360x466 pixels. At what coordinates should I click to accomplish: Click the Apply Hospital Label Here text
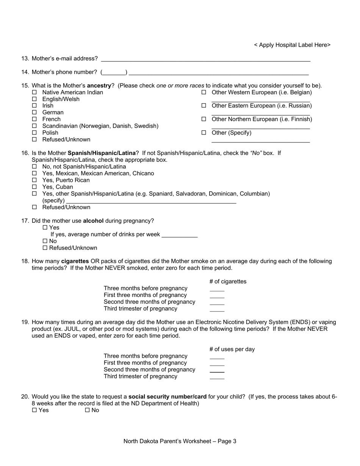coord(292,45)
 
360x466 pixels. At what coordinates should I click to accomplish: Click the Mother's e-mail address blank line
coord(206,59)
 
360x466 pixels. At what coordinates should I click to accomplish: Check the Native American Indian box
coord(34,92)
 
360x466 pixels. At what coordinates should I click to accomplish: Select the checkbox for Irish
coord(34,106)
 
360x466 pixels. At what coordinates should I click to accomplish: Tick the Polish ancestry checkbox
coord(34,133)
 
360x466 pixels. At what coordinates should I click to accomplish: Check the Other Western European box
coord(203,92)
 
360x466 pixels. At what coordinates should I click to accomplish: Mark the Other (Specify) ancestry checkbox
coord(203,133)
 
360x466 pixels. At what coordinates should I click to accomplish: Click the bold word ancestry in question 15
coord(99,86)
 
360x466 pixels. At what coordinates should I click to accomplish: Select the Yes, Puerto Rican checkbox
coord(34,180)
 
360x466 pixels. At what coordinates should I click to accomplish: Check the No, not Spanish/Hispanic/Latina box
coord(34,167)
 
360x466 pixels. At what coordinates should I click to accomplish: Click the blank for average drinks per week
coord(180,235)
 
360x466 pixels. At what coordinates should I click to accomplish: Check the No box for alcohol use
coord(45,241)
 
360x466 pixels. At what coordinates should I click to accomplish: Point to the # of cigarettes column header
coord(228,281)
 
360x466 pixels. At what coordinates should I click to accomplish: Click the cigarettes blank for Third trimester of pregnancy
coord(217,310)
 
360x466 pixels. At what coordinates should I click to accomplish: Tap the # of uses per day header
coord(232,349)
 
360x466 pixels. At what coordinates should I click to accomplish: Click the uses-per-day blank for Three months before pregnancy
coord(217,357)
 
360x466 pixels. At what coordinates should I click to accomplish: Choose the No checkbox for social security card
coord(87,410)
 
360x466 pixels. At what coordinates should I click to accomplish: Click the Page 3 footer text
coord(180,441)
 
